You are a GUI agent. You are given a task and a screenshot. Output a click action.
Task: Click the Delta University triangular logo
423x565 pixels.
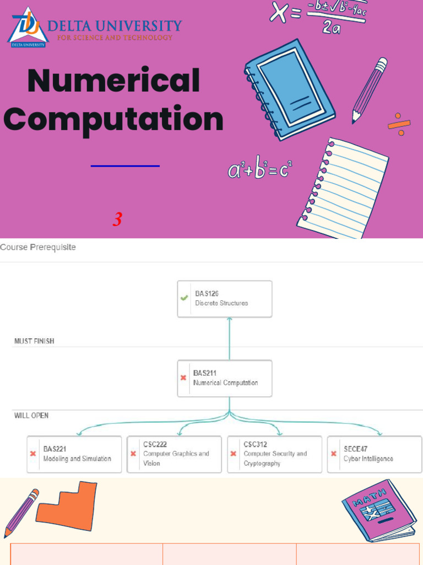[x=28, y=27]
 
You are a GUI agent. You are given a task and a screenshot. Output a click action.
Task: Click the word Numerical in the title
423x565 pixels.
[x=113, y=81]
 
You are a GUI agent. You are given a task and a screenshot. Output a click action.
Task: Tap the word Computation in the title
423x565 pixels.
[x=117, y=119]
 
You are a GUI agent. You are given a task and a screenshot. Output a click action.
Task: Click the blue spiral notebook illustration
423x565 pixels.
[x=289, y=88]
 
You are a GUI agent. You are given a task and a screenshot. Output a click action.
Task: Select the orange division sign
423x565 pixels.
[x=399, y=125]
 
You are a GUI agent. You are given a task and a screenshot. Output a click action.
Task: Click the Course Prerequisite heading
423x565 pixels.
[x=38, y=247]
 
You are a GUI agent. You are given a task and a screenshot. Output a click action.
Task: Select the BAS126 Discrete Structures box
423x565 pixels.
[x=225, y=299]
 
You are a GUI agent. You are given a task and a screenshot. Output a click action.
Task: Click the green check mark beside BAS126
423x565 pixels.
[x=185, y=299]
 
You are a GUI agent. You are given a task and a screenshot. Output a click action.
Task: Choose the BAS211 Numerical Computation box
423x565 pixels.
[x=225, y=378]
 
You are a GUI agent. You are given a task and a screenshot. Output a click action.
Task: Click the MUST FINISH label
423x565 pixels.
[x=34, y=341]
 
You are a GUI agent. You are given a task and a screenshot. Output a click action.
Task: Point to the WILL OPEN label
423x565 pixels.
[x=31, y=415]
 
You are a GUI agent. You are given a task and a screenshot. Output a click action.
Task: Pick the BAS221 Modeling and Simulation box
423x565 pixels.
[x=74, y=454]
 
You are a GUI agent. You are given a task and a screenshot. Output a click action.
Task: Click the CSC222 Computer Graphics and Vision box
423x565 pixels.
[x=174, y=454]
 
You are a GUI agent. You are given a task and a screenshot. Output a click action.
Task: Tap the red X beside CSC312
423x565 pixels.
[x=234, y=454]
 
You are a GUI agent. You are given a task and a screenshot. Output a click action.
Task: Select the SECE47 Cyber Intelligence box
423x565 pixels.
[x=375, y=454]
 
